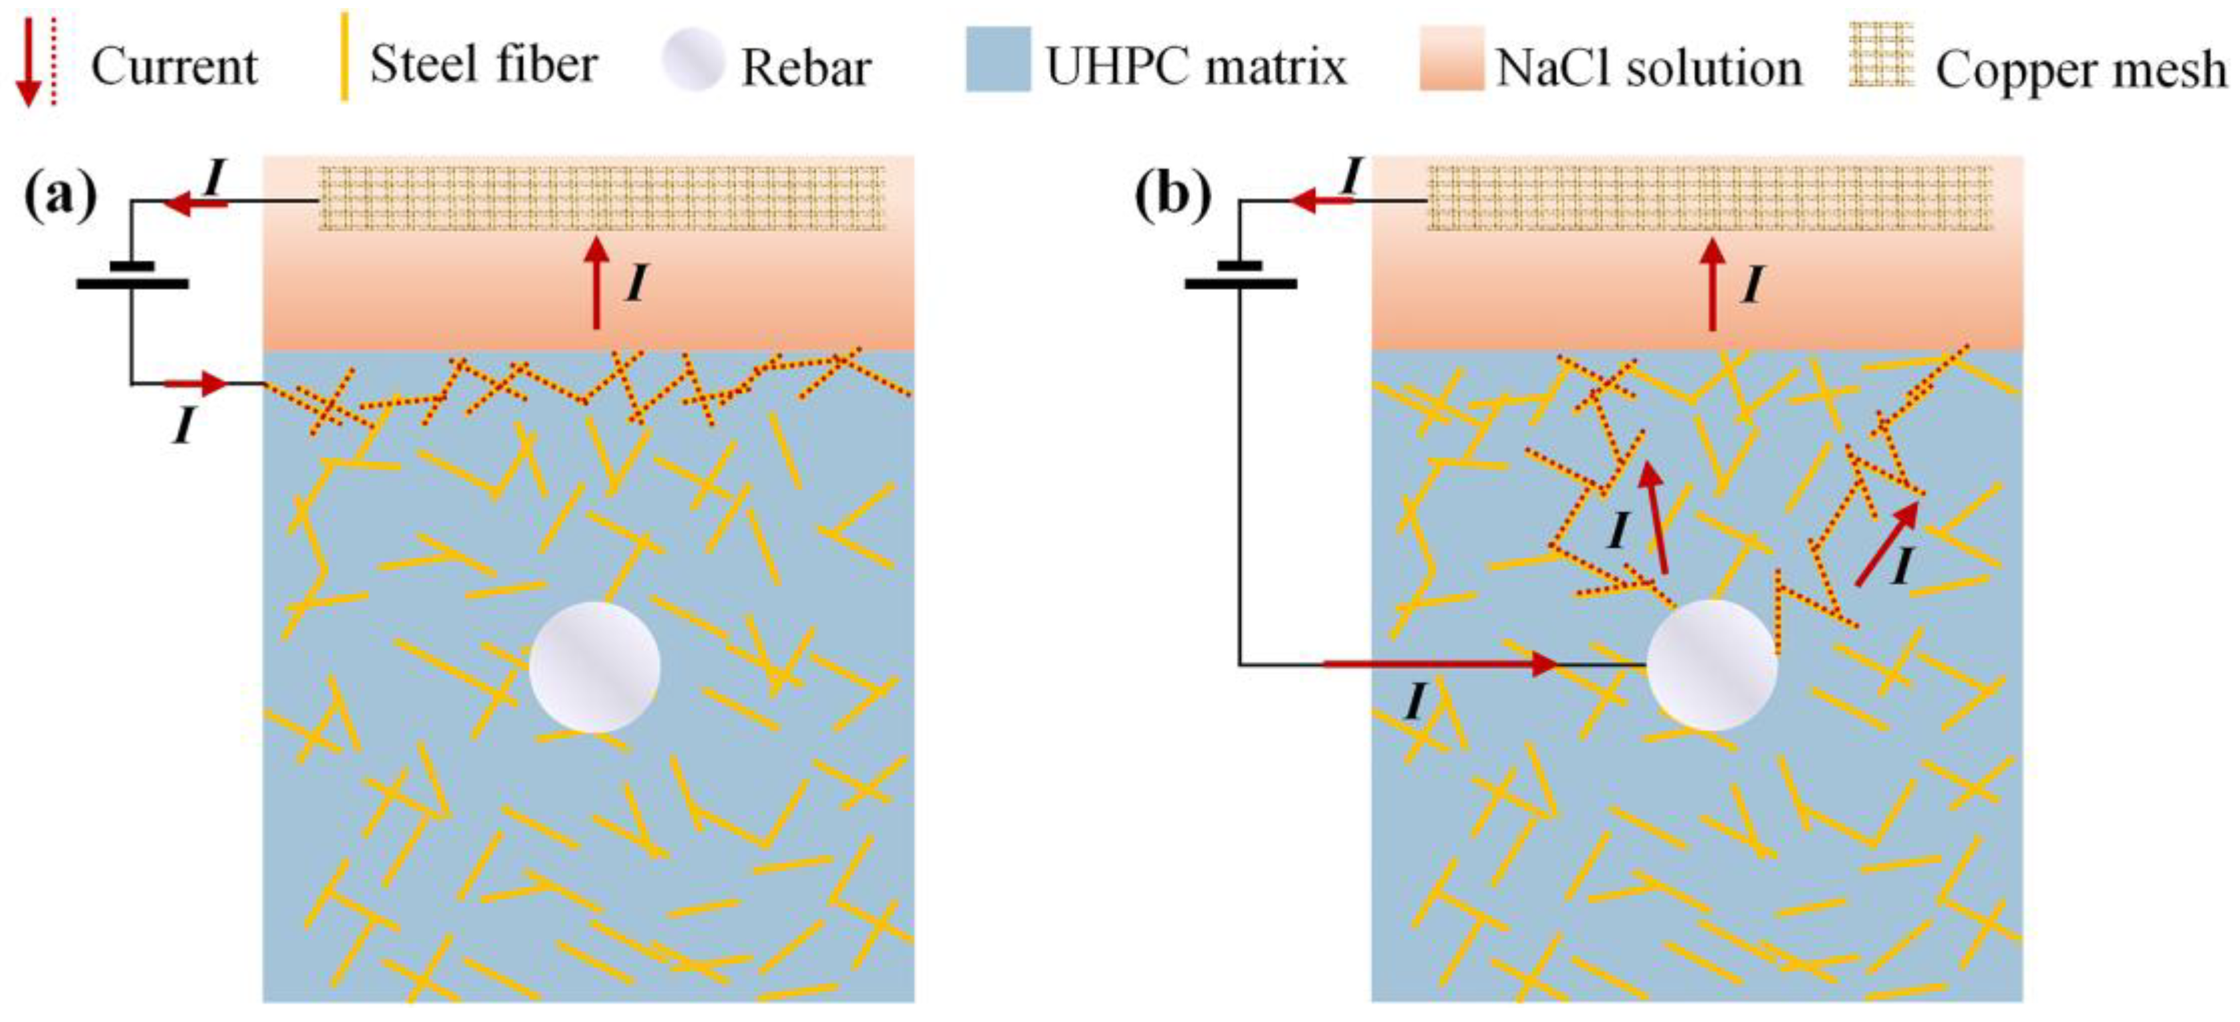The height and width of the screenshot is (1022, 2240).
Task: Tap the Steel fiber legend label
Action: pyautogui.click(x=483, y=64)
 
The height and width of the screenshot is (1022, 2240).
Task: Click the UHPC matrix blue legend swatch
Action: pyautogui.click(x=997, y=59)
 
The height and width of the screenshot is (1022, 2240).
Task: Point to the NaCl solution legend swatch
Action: pyautogui.click(x=1451, y=59)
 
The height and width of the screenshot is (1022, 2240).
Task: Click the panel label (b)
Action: pyautogui.click(x=1172, y=197)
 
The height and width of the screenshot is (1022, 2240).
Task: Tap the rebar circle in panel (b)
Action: pyautogui.click(x=1711, y=665)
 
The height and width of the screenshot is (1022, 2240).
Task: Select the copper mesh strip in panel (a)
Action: pyautogui.click(x=602, y=199)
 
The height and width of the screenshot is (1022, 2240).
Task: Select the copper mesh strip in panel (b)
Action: pyautogui.click(x=1709, y=199)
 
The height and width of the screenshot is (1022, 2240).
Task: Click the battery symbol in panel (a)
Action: pyautogui.click(x=132, y=275)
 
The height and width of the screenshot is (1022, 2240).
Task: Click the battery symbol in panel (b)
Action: pyautogui.click(x=1241, y=275)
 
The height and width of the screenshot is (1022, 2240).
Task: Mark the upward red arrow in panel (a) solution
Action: pyautogui.click(x=596, y=283)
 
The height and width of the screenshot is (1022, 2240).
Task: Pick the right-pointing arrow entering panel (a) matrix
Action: pyautogui.click(x=197, y=383)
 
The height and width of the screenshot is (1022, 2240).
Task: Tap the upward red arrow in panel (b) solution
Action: pyautogui.click(x=1712, y=283)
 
